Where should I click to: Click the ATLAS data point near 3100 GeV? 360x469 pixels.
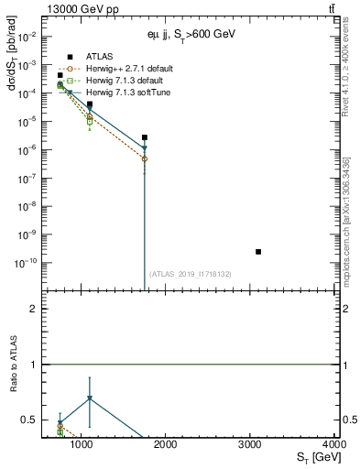coord(258,251)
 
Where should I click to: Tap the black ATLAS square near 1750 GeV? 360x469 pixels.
coord(145,137)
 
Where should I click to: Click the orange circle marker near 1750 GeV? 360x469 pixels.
coord(145,158)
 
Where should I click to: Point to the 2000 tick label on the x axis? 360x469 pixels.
coord(166,444)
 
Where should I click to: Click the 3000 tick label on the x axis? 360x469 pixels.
coord(250,444)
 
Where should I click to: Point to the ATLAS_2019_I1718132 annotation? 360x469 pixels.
coord(191,274)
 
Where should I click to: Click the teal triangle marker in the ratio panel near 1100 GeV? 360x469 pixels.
coord(89,398)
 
